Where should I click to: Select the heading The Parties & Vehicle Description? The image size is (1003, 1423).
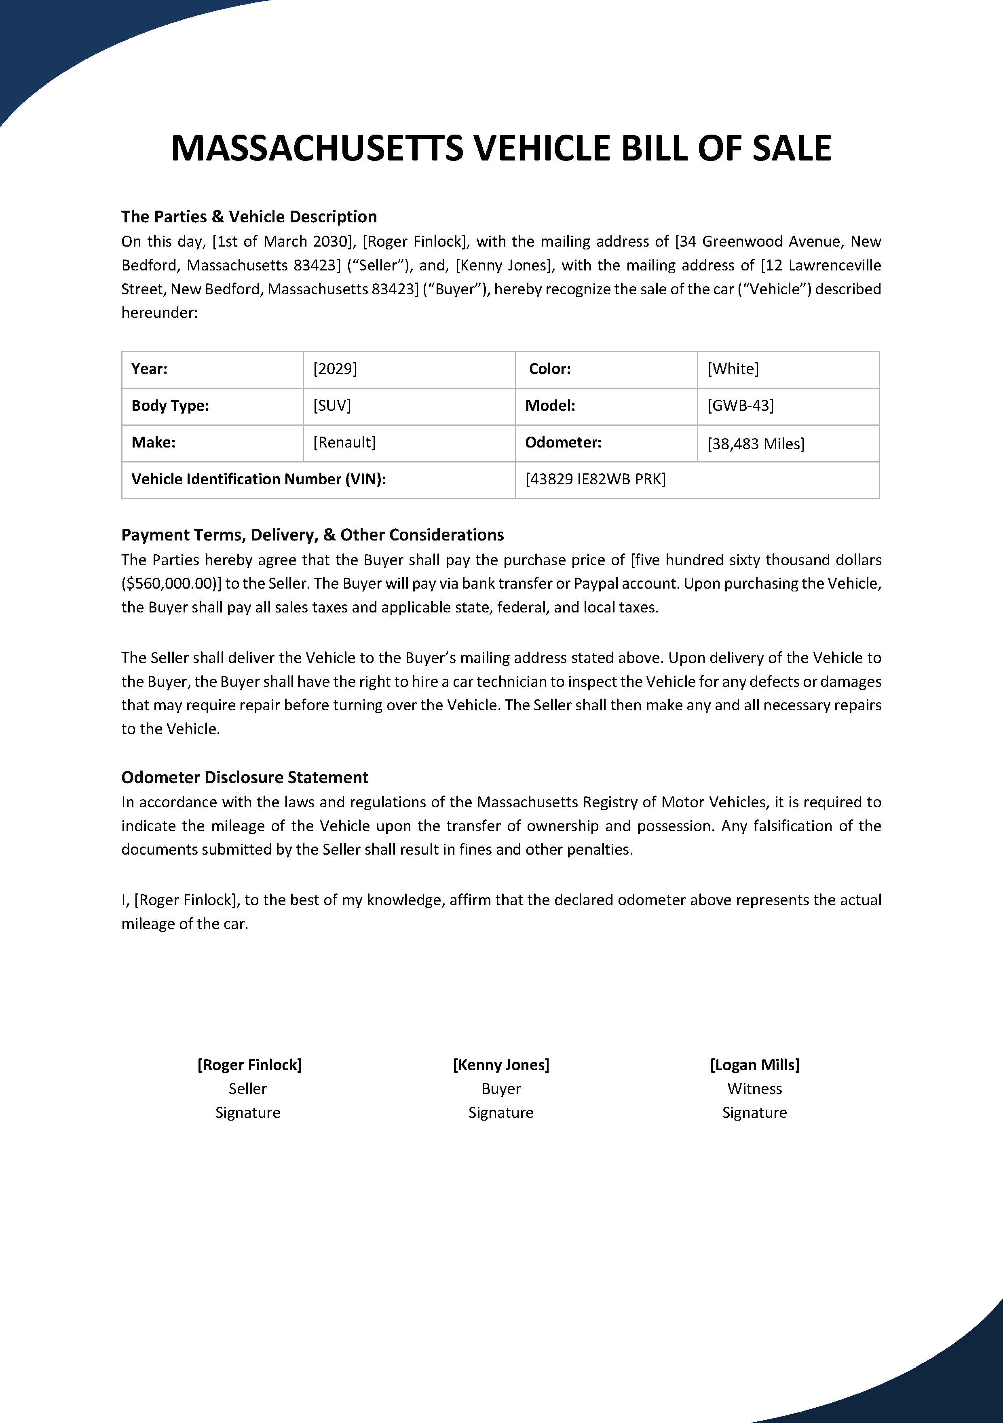click(249, 217)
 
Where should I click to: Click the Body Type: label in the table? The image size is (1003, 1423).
click(170, 406)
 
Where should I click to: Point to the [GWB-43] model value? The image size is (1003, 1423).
click(740, 406)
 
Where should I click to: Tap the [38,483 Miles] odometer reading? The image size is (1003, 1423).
click(755, 444)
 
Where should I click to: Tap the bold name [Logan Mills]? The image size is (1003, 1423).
click(754, 1065)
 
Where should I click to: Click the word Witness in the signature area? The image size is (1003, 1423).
click(754, 1089)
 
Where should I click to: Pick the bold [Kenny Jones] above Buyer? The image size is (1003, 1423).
click(501, 1065)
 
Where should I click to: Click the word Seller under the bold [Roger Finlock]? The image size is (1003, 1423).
click(247, 1089)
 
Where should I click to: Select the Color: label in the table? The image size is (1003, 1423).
click(549, 369)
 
